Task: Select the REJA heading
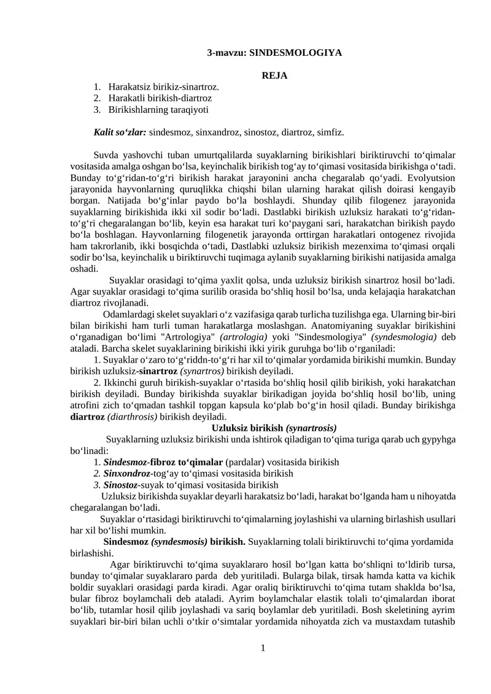274,75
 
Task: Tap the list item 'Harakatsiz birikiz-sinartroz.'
163,87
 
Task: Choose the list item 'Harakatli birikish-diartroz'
160,98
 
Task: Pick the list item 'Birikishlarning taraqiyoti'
158,110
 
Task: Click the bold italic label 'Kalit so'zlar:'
120,132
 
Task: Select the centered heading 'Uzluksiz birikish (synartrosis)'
274,428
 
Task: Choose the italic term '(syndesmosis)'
179,542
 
